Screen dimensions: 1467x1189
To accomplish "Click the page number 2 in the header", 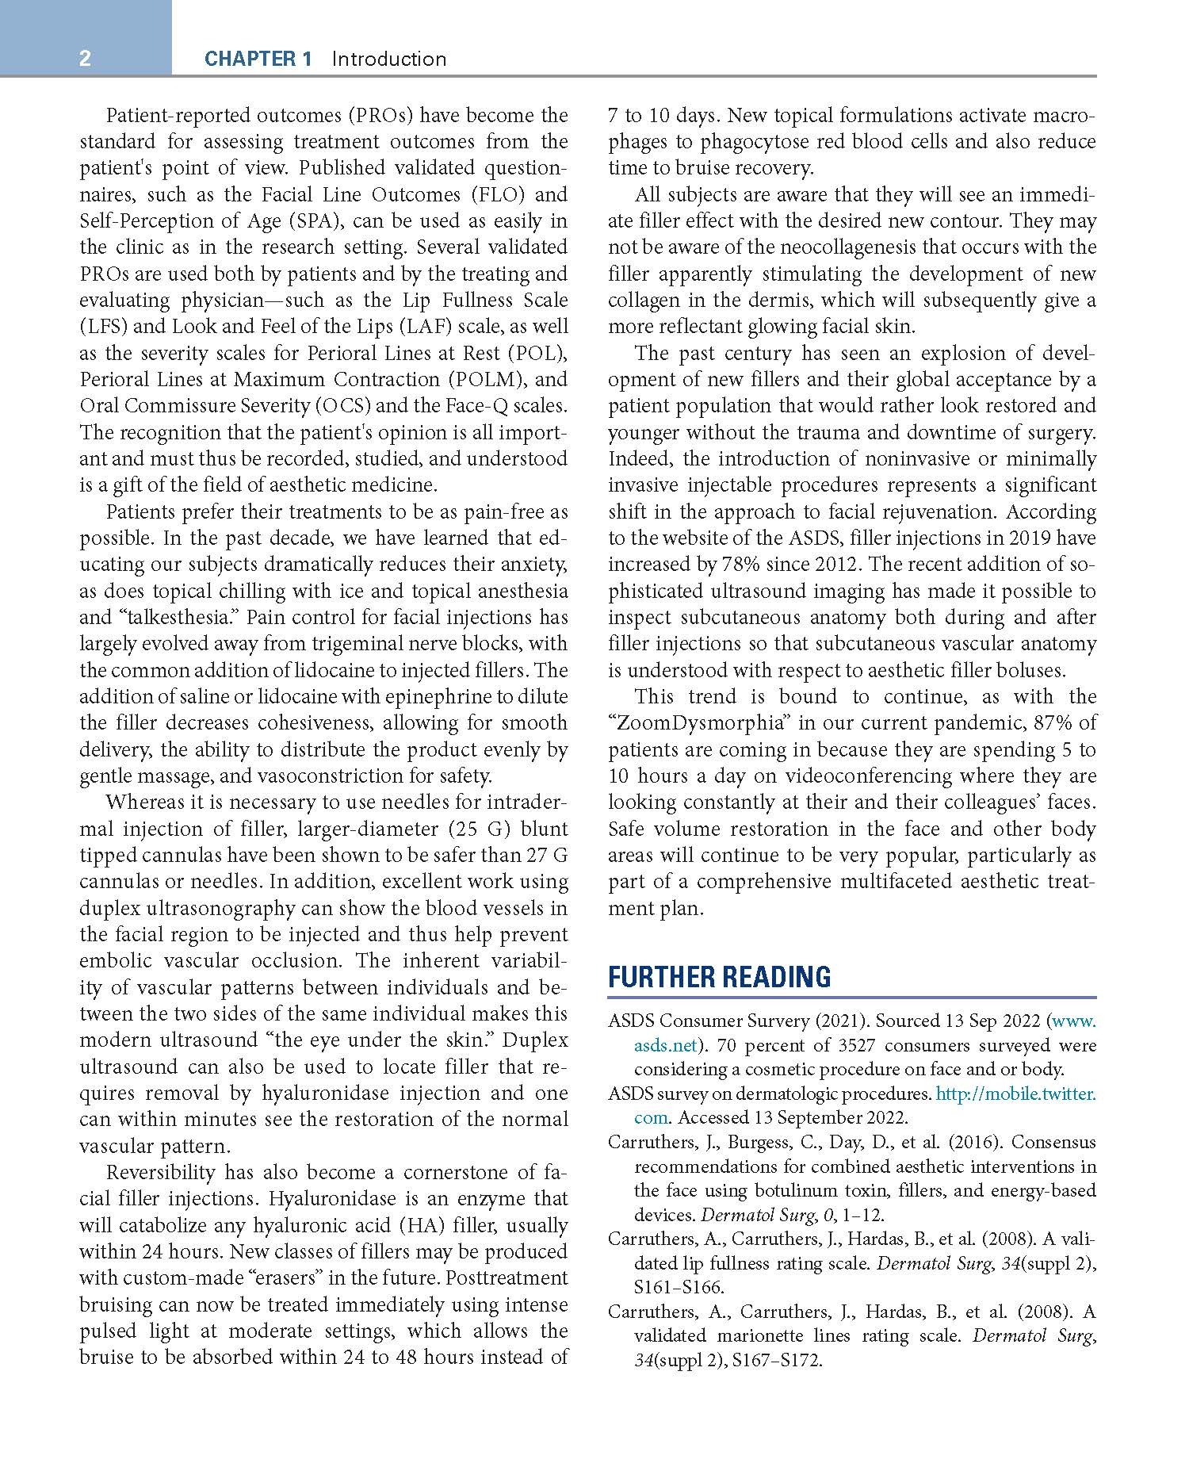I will tap(85, 59).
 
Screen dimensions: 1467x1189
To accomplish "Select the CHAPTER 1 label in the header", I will tap(258, 59).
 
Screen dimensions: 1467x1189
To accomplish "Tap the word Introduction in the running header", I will tap(388, 59).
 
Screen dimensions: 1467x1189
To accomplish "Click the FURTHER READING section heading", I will tap(719, 977).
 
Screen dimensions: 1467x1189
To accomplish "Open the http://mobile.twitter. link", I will tap(1015, 1094).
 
